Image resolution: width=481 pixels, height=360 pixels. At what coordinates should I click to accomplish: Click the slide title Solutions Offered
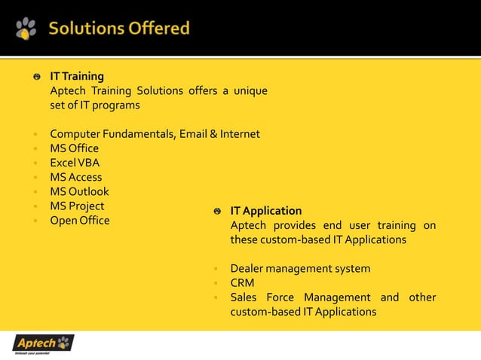[119, 29]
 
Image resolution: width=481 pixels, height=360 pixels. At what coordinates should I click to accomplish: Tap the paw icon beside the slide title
[26, 29]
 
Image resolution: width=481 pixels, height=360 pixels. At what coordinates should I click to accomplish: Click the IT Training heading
[77, 76]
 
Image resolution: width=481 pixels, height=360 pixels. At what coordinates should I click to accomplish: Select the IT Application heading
[265, 211]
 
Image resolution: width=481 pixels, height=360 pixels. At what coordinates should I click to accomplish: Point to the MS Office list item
[74, 148]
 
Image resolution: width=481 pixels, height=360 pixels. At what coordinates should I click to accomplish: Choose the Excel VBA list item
[75, 163]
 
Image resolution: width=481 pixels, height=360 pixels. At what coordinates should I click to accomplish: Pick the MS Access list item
[75, 177]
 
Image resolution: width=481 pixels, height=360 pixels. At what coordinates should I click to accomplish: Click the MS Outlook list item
[79, 191]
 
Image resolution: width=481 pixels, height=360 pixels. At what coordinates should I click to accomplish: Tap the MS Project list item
[77, 206]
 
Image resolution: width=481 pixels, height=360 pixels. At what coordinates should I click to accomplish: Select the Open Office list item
[79, 220]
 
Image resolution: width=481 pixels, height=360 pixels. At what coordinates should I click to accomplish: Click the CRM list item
[242, 282]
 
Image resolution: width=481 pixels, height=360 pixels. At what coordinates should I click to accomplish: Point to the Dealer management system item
[300, 268]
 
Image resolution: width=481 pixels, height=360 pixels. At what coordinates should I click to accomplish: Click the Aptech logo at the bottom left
[43, 344]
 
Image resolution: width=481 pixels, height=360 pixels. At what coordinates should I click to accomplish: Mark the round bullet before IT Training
[36, 77]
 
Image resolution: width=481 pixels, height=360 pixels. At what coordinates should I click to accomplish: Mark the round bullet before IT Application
[216, 212]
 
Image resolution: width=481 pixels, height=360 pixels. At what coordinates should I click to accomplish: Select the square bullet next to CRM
[216, 283]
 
